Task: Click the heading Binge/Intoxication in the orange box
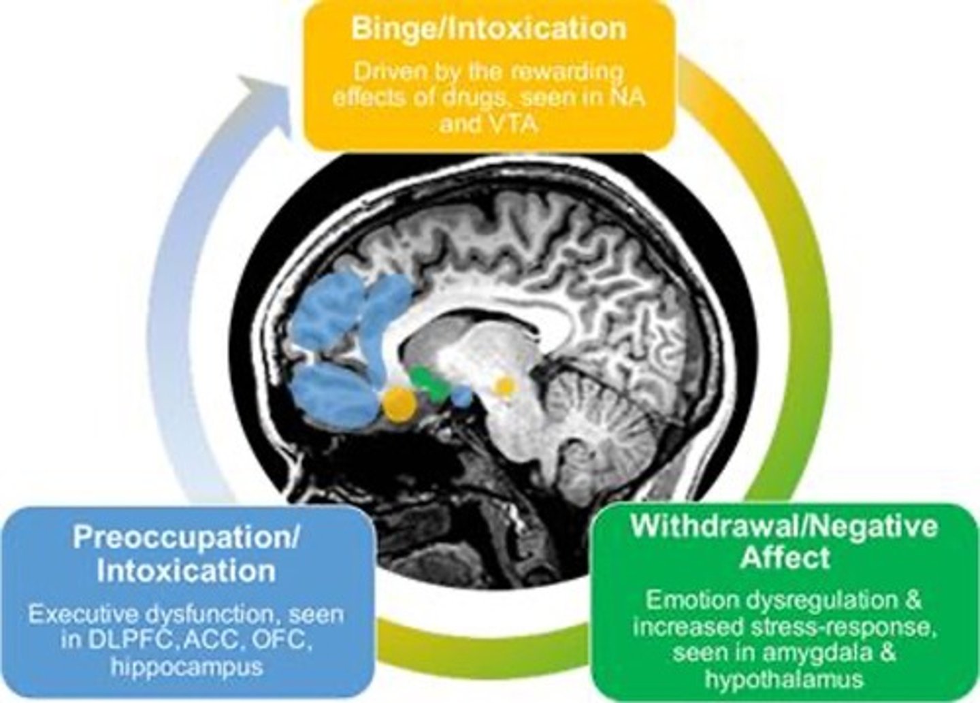(488, 29)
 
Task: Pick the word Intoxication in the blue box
(186, 570)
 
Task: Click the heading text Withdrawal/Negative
(784, 526)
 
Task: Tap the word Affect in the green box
(784, 558)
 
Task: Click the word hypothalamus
(784, 678)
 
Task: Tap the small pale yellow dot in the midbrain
(504, 387)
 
